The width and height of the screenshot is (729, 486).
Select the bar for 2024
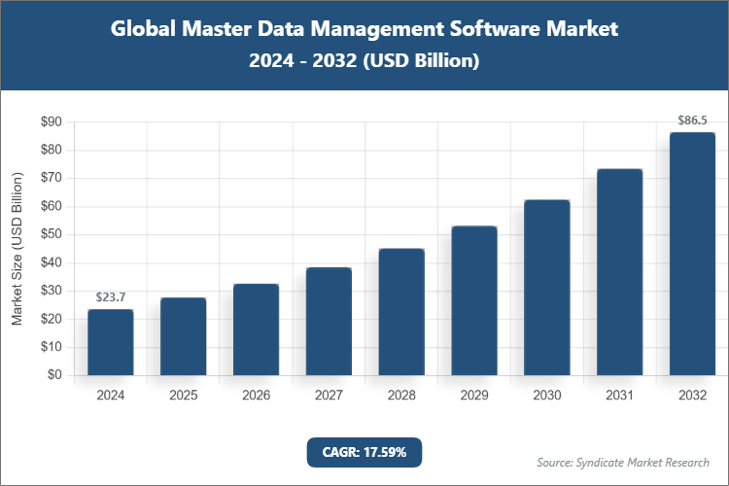pyautogui.click(x=111, y=342)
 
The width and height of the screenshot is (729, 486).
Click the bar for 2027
pyautogui.click(x=329, y=322)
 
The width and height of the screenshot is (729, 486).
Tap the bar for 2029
pyautogui.click(x=474, y=300)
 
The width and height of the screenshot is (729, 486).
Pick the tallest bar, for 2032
pyautogui.click(x=692, y=254)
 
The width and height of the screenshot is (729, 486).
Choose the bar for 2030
pyautogui.click(x=547, y=288)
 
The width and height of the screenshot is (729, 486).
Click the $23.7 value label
pyautogui.click(x=111, y=297)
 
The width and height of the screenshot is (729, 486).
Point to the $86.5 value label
pyautogui.click(x=692, y=121)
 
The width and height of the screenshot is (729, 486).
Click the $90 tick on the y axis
pyautogui.click(x=50, y=122)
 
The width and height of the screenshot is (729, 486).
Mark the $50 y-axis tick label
pyautogui.click(x=50, y=235)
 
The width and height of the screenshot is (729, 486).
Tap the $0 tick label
pyautogui.click(x=54, y=375)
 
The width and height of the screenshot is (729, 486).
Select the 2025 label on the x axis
pyautogui.click(x=184, y=396)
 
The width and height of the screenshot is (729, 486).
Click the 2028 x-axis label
pyautogui.click(x=401, y=396)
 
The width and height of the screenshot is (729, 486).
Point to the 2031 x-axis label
pyautogui.click(x=619, y=396)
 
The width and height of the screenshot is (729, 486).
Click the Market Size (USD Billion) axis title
pyautogui.click(x=17, y=249)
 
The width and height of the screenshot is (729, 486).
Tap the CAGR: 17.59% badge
pyautogui.click(x=364, y=451)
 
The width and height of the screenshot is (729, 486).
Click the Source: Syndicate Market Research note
pyautogui.click(x=623, y=462)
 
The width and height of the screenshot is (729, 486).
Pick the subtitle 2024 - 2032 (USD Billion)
pyautogui.click(x=364, y=61)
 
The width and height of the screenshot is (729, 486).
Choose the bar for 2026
pyautogui.click(x=257, y=330)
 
